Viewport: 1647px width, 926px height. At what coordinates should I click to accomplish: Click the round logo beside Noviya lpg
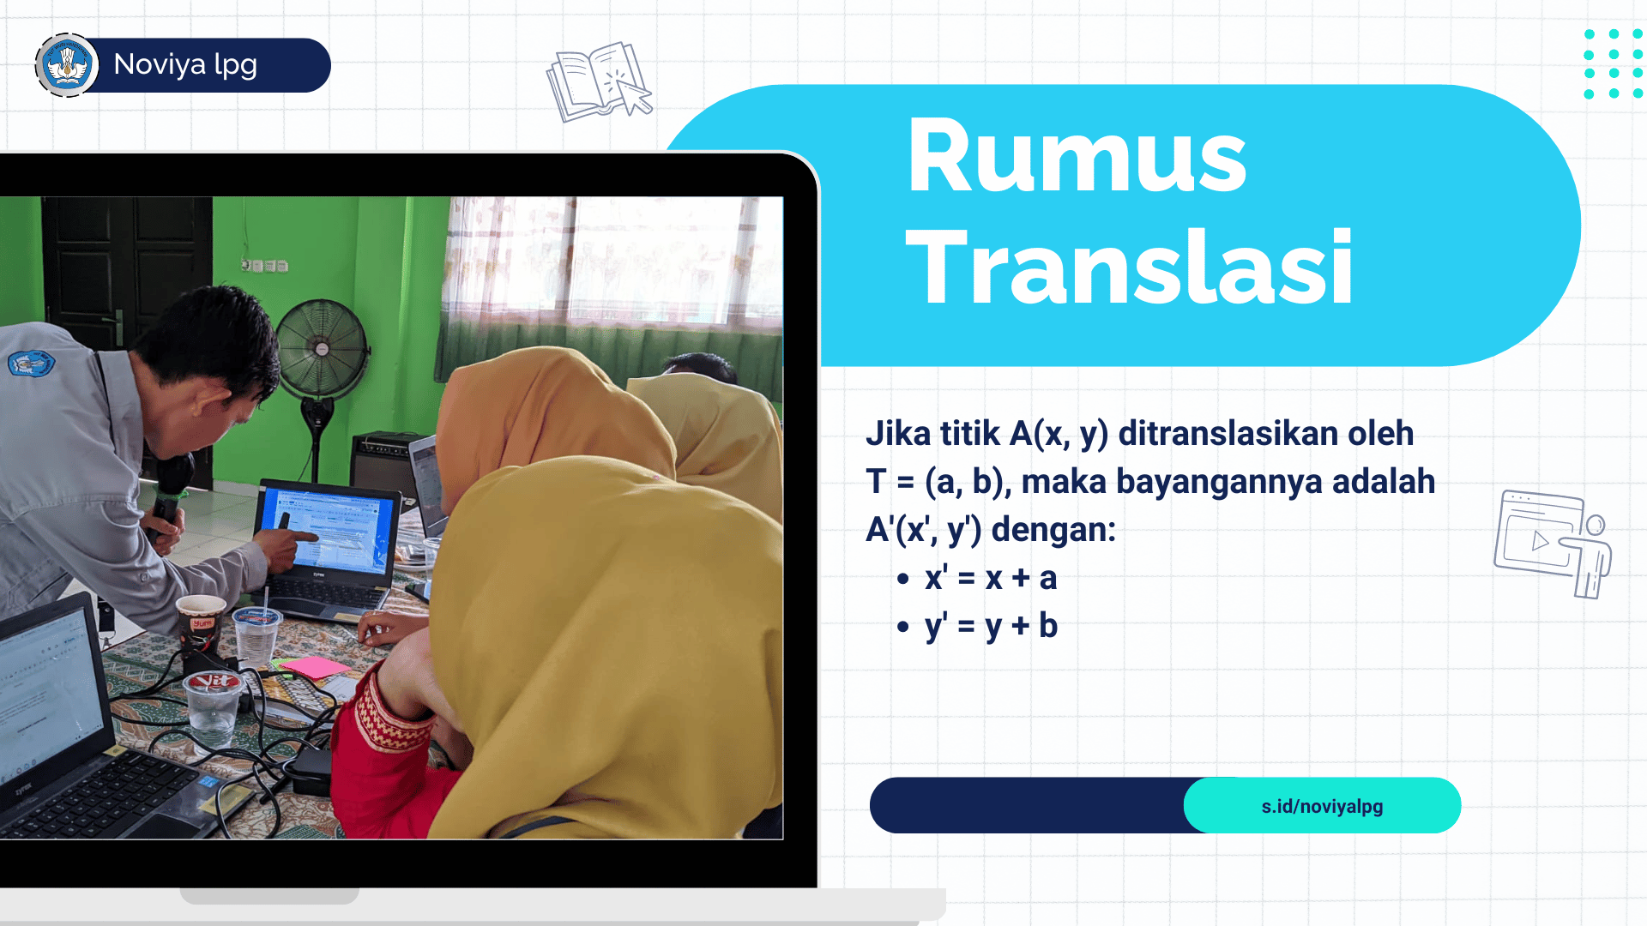pyautogui.click(x=67, y=65)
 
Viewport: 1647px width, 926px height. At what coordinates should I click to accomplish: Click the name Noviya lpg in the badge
pyautogui.click(x=185, y=65)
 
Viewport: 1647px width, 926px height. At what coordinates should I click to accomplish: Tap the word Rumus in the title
pyautogui.click(x=1077, y=156)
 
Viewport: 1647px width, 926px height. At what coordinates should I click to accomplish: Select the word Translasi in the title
pyautogui.click(x=1130, y=266)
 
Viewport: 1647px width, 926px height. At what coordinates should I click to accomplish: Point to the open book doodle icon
pyautogui.click(x=599, y=81)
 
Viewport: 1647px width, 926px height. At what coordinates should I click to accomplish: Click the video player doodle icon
pyautogui.click(x=1553, y=544)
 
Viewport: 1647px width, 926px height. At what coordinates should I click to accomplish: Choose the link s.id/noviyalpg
pyautogui.click(x=1322, y=806)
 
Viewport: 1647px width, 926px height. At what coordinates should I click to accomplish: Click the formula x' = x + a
pyautogui.click(x=991, y=578)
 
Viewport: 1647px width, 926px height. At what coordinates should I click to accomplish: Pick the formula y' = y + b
pyautogui.click(x=991, y=627)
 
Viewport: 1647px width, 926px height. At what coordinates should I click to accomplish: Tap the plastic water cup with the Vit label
pyautogui.click(x=212, y=708)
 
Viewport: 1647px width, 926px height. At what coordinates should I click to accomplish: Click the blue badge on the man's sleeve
pyautogui.click(x=30, y=364)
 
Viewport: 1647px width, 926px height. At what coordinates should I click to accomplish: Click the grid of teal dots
pyautogui.click(x=1613, y=64)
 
